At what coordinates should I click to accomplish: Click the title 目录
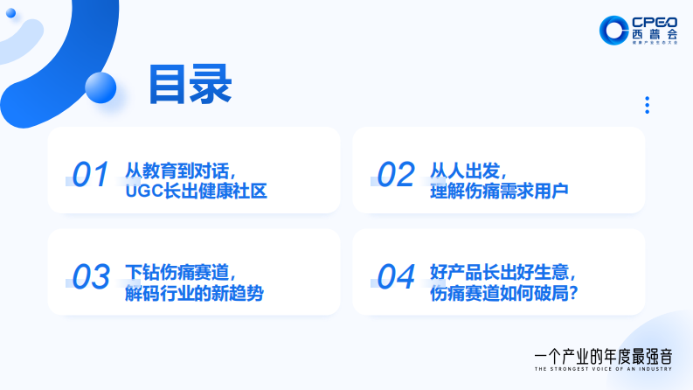[190, 85]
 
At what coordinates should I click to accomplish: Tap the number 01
[90, 175]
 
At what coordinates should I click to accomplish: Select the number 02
[395, 175]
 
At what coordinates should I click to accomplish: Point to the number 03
[90, 277]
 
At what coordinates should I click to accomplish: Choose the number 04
[395, 277]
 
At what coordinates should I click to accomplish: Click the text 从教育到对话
[181, 168]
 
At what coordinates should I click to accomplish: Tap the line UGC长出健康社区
[196, 190]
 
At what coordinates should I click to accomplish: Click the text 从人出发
[468, 168]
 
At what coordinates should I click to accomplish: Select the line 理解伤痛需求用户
[499, 190]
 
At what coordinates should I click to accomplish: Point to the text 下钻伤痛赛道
[181, 271]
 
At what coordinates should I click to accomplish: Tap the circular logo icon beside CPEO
[613, 30]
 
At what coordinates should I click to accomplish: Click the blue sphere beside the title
[101, 87]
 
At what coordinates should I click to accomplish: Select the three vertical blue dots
[647, 105]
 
